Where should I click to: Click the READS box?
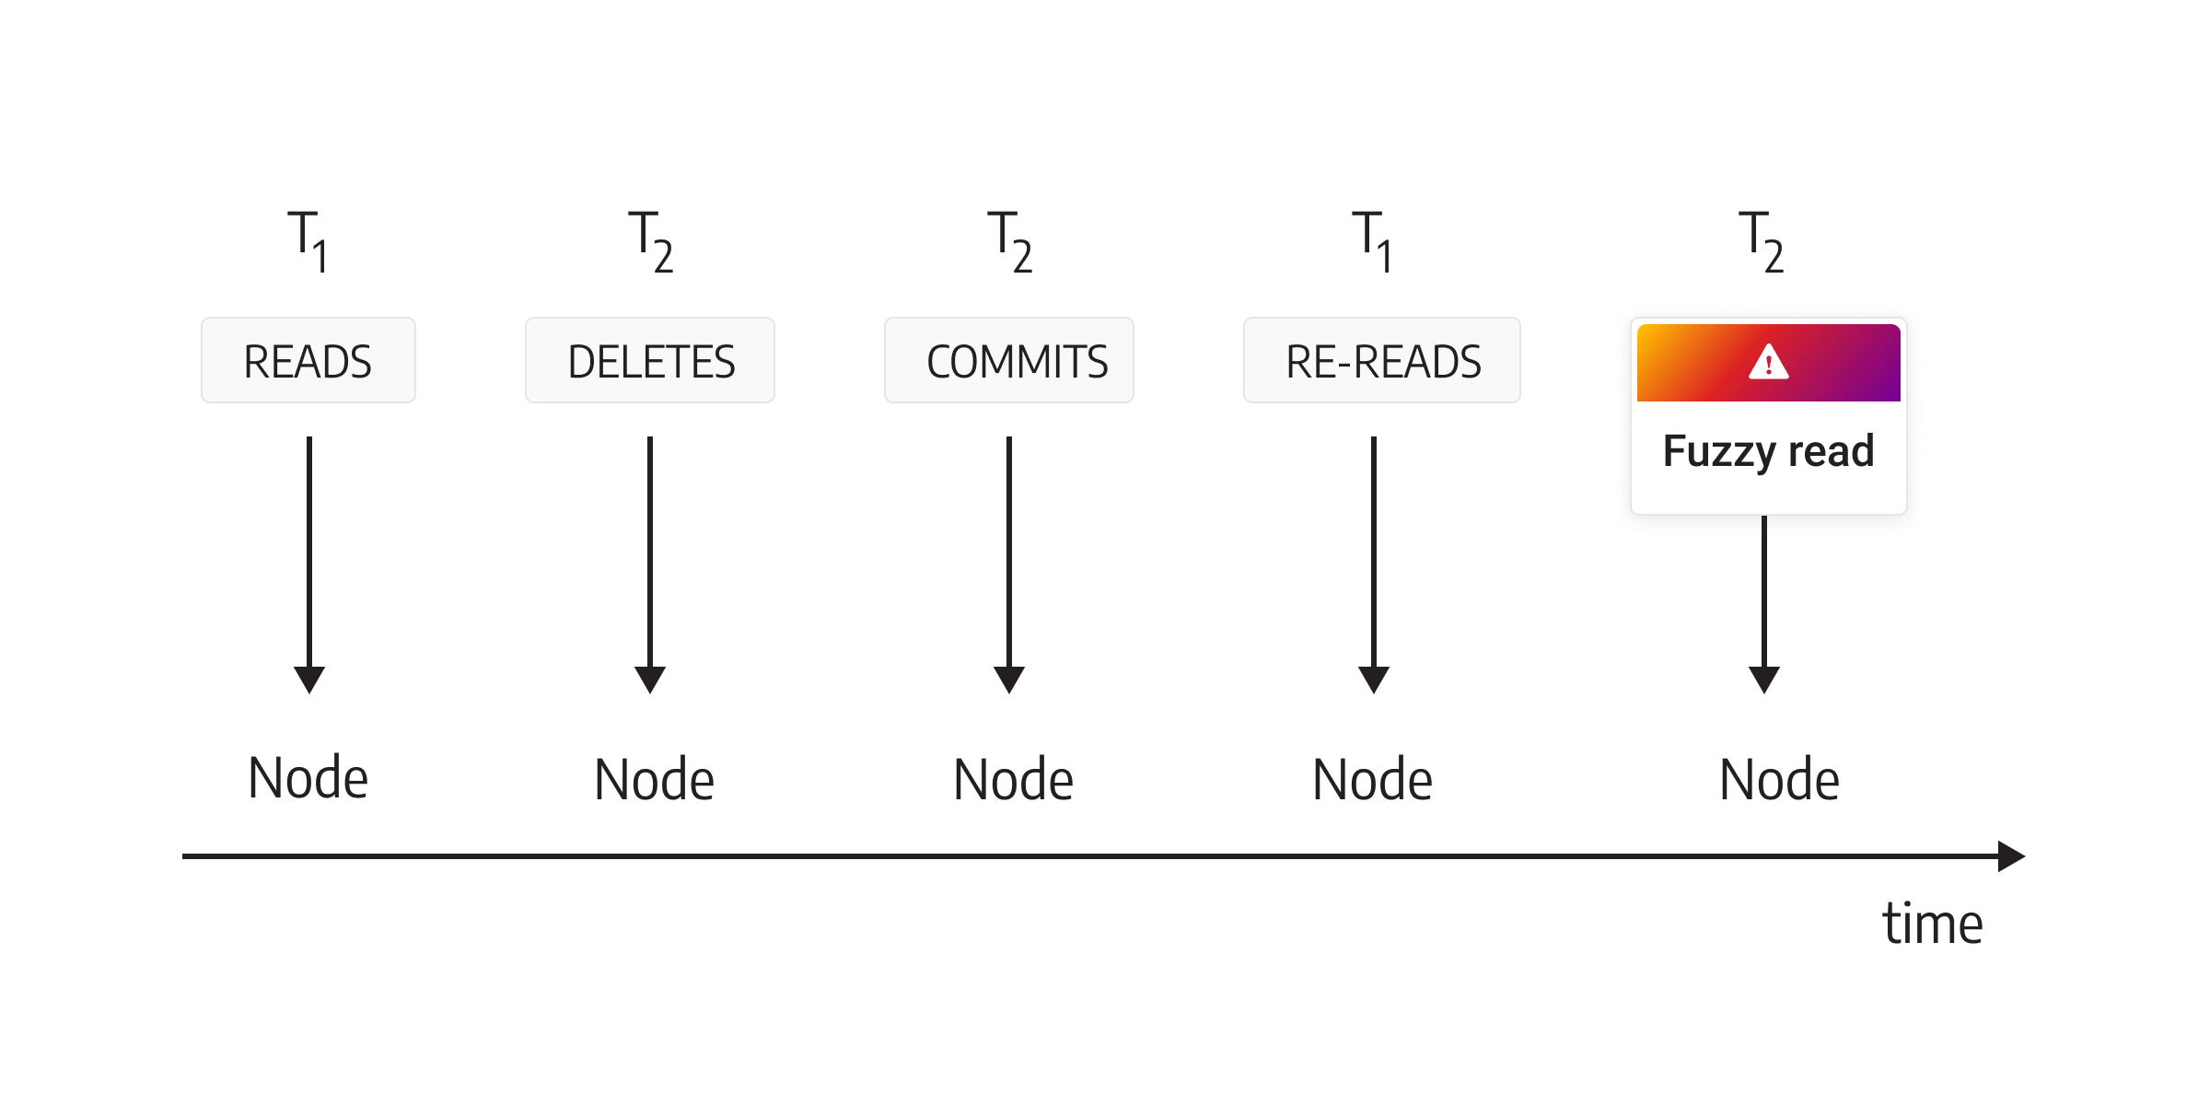click(x=308, y=360)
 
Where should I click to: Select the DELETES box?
click(x=650, y=360)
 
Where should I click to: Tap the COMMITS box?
click(x=1009, y=360)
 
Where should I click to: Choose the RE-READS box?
click(x=1382, y=360)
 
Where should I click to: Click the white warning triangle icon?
click(x=1769, y=361)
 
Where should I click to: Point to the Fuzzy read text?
click(x=1768, y=451)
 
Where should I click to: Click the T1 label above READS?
click(x=308, y=241)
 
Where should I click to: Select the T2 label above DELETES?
click(x=651, y=241)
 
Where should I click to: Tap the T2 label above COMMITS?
click(x=1010, y=241)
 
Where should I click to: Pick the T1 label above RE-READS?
click(x=1372, y=241)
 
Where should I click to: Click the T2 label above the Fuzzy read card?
click(x=1762, y=241)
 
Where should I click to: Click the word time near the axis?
click(x=1933, y=923)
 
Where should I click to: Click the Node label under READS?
click(x=308, y=778)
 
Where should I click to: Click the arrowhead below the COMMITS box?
click(x=1009, y=680)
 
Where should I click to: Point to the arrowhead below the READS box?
click(x=309, y=680)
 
